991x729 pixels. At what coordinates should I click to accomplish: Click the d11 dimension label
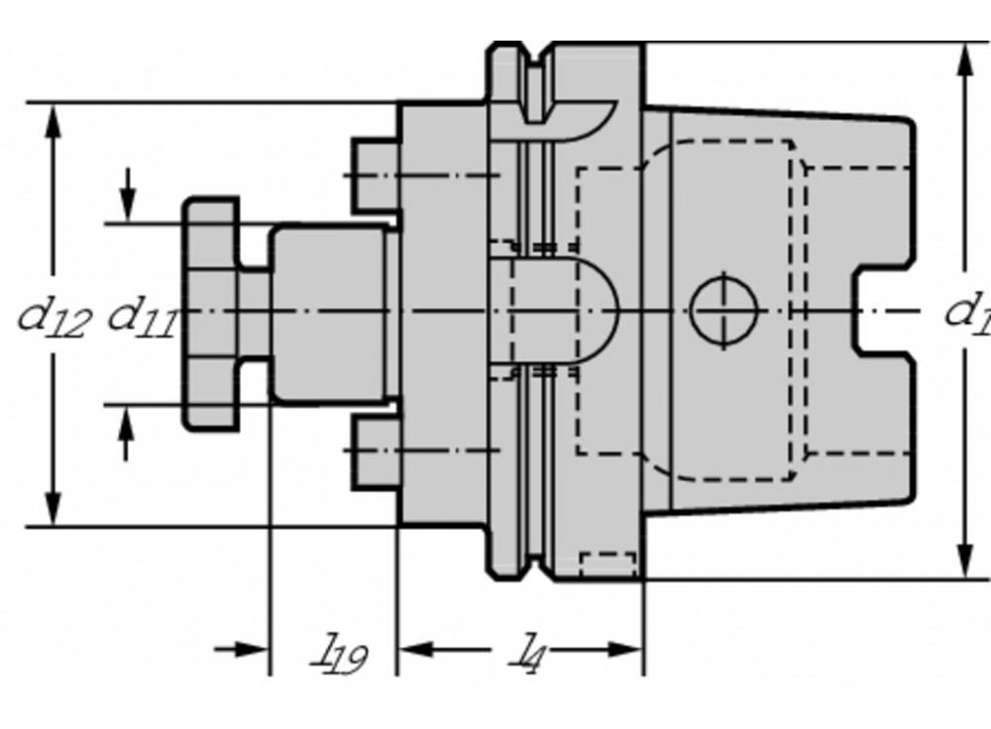point(141,316)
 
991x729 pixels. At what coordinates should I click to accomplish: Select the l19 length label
point(337,654)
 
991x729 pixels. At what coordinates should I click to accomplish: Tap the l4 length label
point(533,653)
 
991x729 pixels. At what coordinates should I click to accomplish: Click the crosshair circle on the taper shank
point(723,310)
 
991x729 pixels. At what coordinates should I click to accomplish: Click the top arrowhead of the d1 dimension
point(965,59)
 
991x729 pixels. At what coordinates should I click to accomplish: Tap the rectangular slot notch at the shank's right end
point(883,311)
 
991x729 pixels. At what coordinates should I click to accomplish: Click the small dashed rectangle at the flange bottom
point(607,564)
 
